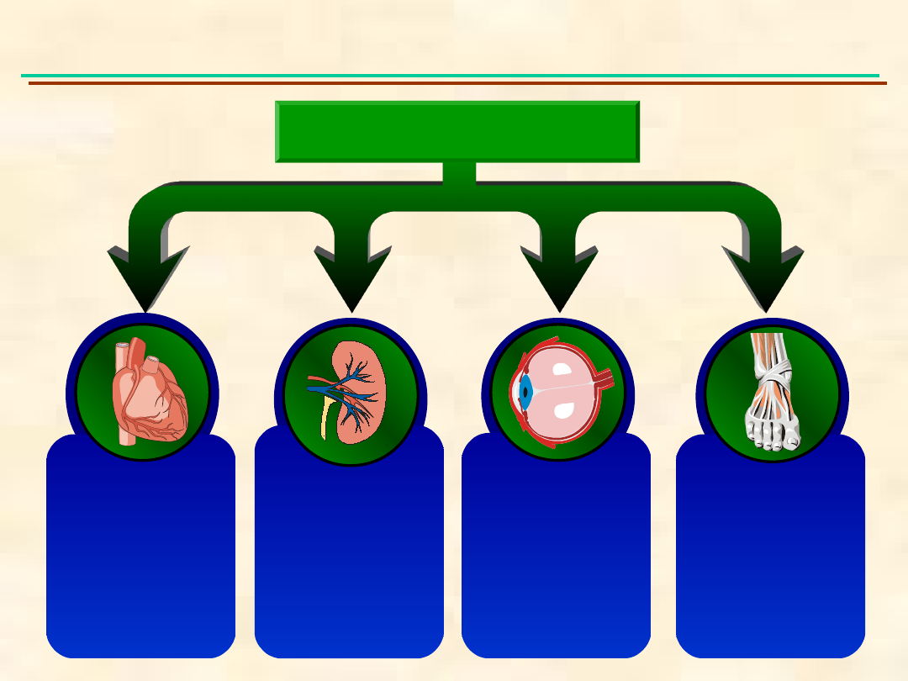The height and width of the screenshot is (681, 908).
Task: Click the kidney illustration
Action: click(x=353, y=391)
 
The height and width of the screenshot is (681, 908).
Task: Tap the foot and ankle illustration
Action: click(x=772, y=391)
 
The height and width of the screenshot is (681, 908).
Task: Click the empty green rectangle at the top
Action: click(x=457, y=131)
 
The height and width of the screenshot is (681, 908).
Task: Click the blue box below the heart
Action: click(x=140, y=555)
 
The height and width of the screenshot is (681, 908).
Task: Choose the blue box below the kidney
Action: click(x=349, y=555)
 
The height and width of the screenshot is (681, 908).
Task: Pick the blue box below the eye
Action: click(x=556, y=555)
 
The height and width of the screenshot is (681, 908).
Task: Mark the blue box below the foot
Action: click(x=770, y=555)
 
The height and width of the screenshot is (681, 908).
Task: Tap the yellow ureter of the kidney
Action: click(x=325, y=420)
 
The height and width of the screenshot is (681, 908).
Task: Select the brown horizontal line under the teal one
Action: click(x=457, y=83)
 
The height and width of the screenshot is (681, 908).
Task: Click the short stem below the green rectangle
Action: click(x=459, y=172)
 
